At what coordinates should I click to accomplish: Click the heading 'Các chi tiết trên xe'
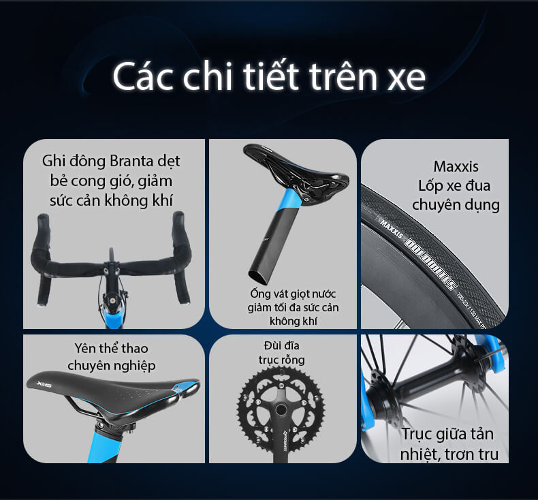(269, 78)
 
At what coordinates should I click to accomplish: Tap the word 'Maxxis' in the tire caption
(456, 166)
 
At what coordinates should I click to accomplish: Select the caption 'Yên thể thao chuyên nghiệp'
(112, 357)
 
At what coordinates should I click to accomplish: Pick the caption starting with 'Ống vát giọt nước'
(282, 307)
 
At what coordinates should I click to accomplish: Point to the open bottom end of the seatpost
(259, 275)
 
